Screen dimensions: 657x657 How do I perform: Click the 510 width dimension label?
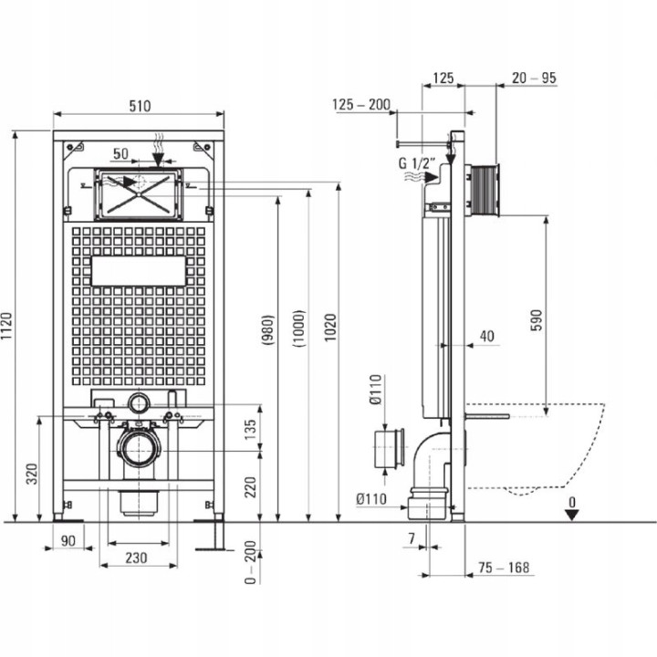(140, 106)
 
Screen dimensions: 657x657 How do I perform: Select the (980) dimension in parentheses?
(267, 329)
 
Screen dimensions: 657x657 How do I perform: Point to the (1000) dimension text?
(298, 328)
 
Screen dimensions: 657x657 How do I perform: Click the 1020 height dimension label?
(330, 328)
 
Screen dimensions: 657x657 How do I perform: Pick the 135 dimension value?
(250, 429)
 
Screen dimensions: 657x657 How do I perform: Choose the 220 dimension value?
(250, 487)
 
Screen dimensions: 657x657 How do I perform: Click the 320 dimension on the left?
(32, 474)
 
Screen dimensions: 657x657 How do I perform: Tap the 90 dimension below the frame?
(68, 540)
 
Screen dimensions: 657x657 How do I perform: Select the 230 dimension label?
(136, 558)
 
